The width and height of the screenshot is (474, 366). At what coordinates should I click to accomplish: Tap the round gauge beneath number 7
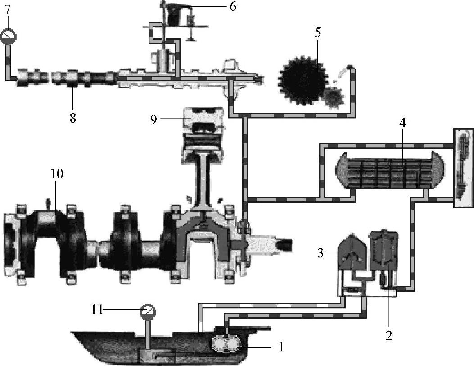[x=8, y=36]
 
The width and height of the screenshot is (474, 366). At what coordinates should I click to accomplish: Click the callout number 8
[x=72, y=118]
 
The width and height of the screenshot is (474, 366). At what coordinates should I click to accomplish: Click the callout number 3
[x=321, y=252]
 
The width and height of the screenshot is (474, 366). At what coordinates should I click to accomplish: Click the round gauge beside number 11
[x=147, y=311]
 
